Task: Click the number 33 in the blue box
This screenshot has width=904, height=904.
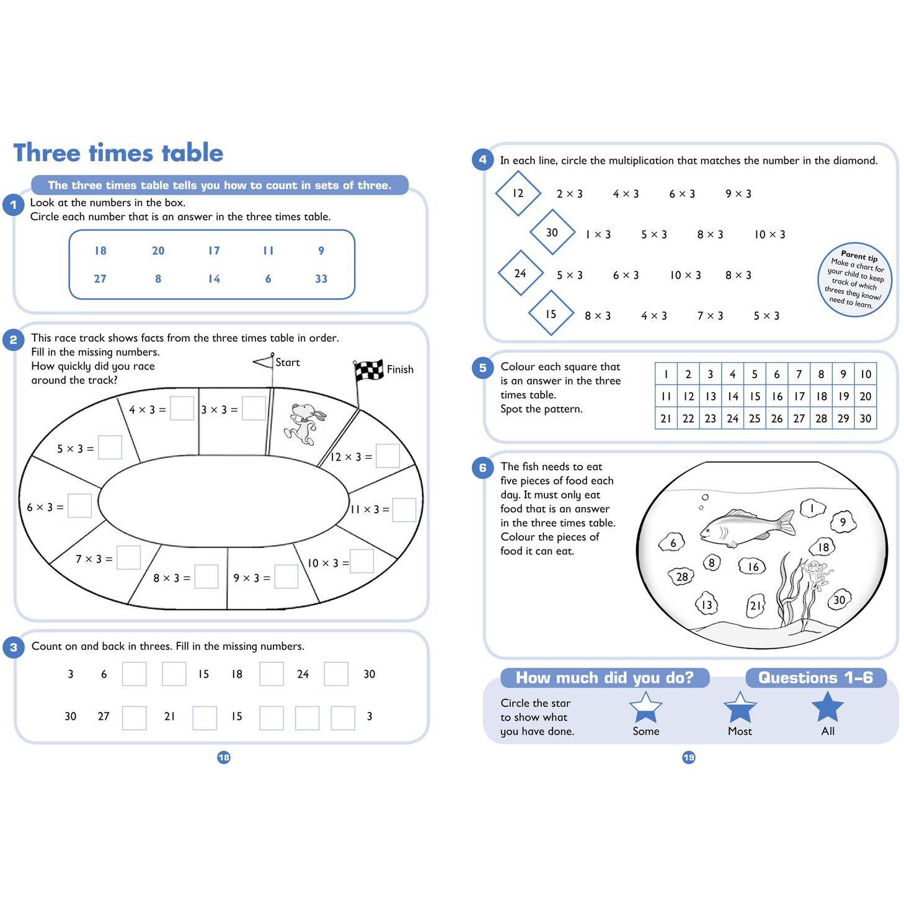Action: [321, 278]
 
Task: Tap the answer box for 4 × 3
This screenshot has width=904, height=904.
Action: [182, 408]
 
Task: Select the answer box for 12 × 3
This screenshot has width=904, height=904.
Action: [388, 456]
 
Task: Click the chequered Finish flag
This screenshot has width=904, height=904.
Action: [368, 371]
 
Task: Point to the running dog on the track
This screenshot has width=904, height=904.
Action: [304, 423]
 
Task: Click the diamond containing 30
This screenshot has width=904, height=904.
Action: [552, 233]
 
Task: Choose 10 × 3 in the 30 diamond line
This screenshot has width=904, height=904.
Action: [769, 234]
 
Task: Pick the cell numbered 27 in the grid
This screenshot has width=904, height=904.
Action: [799, 418]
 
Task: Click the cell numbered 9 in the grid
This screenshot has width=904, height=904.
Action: [843, 374]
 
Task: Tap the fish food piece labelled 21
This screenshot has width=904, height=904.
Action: [755, 605]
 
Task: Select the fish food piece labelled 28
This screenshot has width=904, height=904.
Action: [681, 576]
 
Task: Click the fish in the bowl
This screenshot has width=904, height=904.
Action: [747, 527]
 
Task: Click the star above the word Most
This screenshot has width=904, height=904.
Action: [740, 707]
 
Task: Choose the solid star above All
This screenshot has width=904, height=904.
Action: [828, 706]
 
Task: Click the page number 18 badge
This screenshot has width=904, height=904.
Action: [224, 757]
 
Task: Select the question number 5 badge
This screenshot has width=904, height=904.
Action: [483, 368]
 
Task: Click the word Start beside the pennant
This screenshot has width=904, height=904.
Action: [287, 362]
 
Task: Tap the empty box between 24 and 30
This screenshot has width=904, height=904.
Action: [336, 674]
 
